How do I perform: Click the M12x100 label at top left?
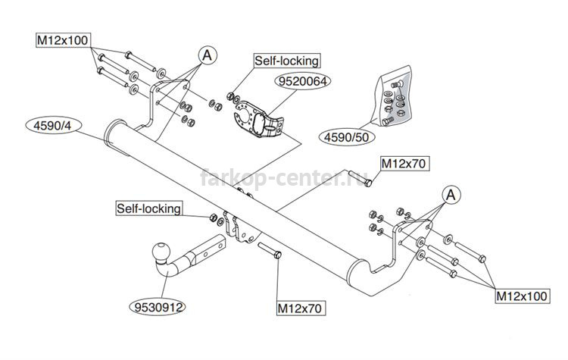tap(63, 40)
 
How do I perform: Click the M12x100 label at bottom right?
tap(522, 296)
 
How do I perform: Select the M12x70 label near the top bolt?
tap(404, 164)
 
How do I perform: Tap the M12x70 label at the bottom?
tap(300, 308)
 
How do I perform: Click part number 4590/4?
tap(53, 126)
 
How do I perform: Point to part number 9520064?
tap(303, 81)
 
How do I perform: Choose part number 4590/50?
tap(346, 137)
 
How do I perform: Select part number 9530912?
tap(158, 308)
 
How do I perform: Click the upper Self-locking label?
tap(286, 61)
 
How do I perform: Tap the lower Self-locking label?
tap(149, 208)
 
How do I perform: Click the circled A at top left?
tap(208, 55)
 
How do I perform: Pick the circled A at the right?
tap(451, 195)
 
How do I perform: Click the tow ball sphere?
tap(161, 251)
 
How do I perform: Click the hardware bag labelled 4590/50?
tap(392, 97)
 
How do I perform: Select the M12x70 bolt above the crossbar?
tap(360, 178)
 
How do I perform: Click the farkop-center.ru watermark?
tap(284, 177)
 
